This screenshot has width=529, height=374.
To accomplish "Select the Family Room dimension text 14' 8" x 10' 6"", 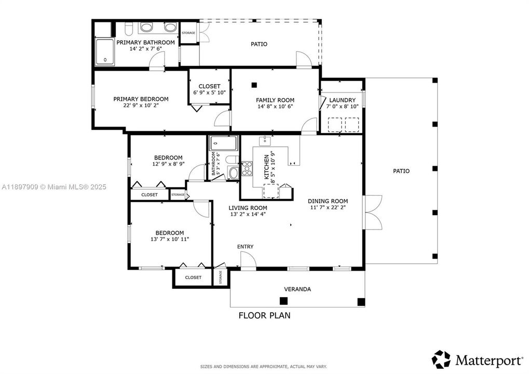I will tap(275, 107).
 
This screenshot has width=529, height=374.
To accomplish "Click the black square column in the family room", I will tap(254, 85).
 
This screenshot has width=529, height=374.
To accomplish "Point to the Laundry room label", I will tap(342, 100).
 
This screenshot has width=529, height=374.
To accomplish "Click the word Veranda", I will tap(297, 289).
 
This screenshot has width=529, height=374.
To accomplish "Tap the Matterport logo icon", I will tap(441, 359).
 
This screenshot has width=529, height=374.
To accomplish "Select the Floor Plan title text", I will tap(264, 315).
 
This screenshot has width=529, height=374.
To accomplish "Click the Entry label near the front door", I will tap(246, 246).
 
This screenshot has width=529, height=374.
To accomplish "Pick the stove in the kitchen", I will tap(247, 169).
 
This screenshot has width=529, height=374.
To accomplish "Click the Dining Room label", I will tap(328, 201).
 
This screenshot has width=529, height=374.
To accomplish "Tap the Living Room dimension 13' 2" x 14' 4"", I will tap(248, 214).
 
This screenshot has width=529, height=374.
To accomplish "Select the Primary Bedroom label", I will tap(141, 99).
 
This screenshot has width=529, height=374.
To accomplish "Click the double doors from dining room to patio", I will tap(373, 212).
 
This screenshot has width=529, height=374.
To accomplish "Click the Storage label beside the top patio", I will tap(188, 33).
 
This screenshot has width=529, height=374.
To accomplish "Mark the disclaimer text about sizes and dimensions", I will tap(264, 367).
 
